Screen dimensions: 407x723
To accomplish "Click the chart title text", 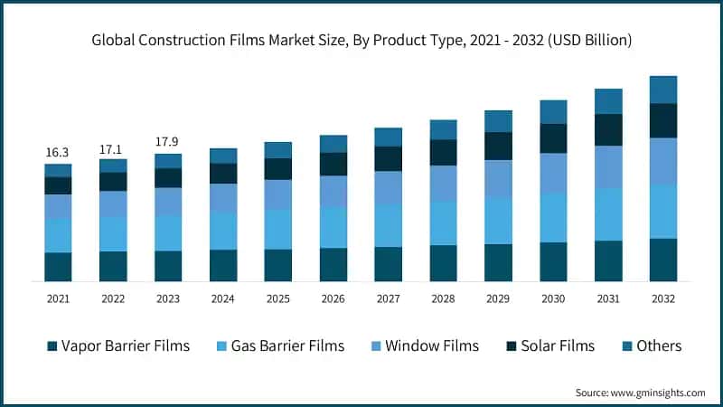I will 361,41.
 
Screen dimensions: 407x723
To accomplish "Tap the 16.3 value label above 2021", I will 58,152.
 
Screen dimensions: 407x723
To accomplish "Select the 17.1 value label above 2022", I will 113,147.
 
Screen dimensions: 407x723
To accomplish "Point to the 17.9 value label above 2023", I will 168,142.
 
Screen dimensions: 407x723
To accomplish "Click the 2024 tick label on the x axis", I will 223,298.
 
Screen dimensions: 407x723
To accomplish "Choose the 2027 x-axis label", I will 388,298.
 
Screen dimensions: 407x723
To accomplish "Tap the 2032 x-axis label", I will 662,298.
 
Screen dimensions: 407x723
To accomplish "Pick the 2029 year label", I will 498,298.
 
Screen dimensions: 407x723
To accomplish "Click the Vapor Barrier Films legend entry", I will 117,345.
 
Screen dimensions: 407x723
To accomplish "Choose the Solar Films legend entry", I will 549,345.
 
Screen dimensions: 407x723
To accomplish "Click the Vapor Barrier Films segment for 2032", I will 662,260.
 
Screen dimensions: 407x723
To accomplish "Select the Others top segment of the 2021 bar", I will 58,170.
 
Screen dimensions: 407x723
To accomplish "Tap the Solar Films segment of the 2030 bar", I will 553,138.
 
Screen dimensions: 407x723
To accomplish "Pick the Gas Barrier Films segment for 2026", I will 333,227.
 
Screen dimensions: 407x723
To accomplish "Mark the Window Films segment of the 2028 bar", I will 443,183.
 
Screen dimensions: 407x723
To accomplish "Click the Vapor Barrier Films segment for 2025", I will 277,265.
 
